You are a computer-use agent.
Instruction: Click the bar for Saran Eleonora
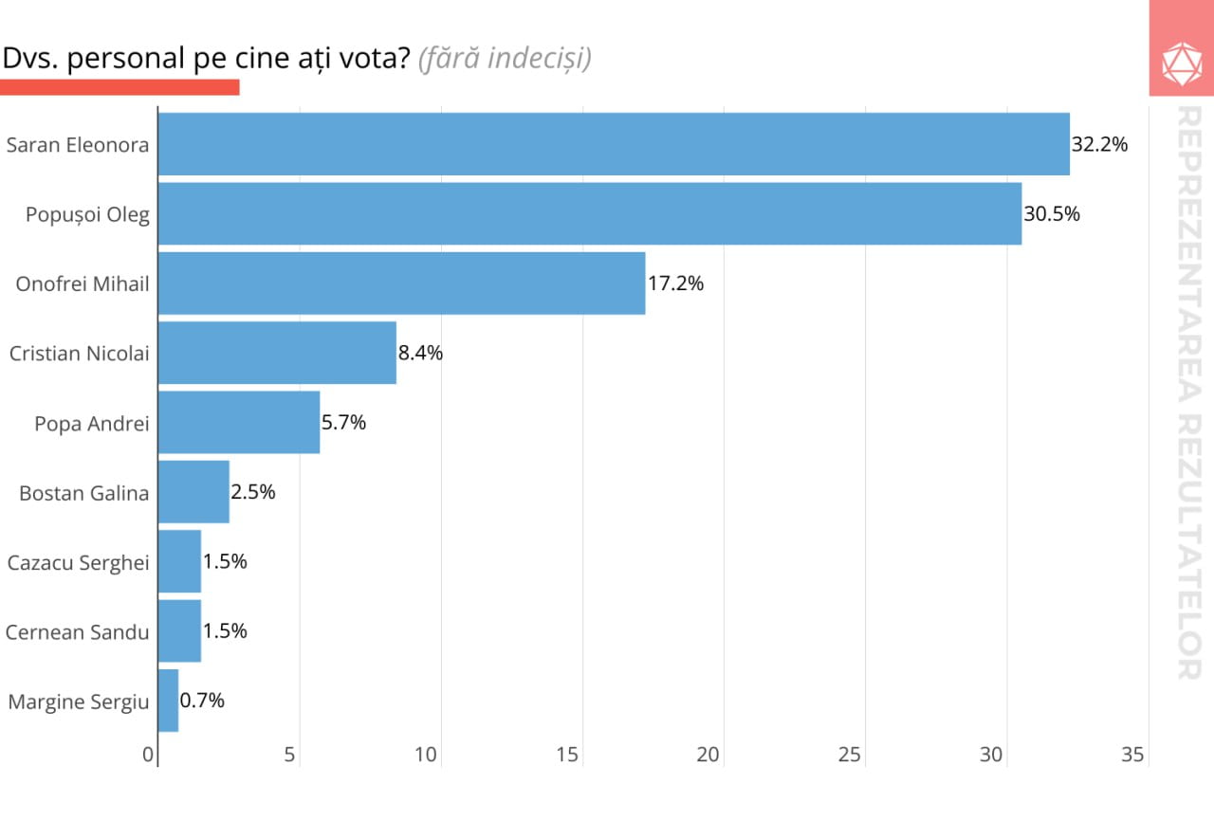614,144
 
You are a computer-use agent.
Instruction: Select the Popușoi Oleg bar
590,213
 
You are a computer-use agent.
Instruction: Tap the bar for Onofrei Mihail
401,283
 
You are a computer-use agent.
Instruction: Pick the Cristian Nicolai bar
277,353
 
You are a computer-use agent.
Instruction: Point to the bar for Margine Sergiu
168,701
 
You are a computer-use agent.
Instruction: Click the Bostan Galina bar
193,491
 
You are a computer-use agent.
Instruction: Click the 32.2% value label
1099,145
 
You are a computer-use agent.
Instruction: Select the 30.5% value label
1052,214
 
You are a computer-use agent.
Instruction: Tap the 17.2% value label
675,283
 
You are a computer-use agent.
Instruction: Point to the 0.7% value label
202,701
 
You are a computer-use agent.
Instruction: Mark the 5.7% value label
343,423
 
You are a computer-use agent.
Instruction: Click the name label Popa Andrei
92,424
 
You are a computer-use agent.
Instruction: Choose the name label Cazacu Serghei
78,562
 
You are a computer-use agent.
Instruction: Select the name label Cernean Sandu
77,632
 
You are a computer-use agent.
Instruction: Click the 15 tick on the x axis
567,756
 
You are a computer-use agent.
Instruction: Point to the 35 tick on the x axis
1133,756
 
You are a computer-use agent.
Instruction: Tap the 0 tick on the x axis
149,756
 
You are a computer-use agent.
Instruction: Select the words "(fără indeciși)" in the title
505,59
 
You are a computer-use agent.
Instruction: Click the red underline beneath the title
120,87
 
